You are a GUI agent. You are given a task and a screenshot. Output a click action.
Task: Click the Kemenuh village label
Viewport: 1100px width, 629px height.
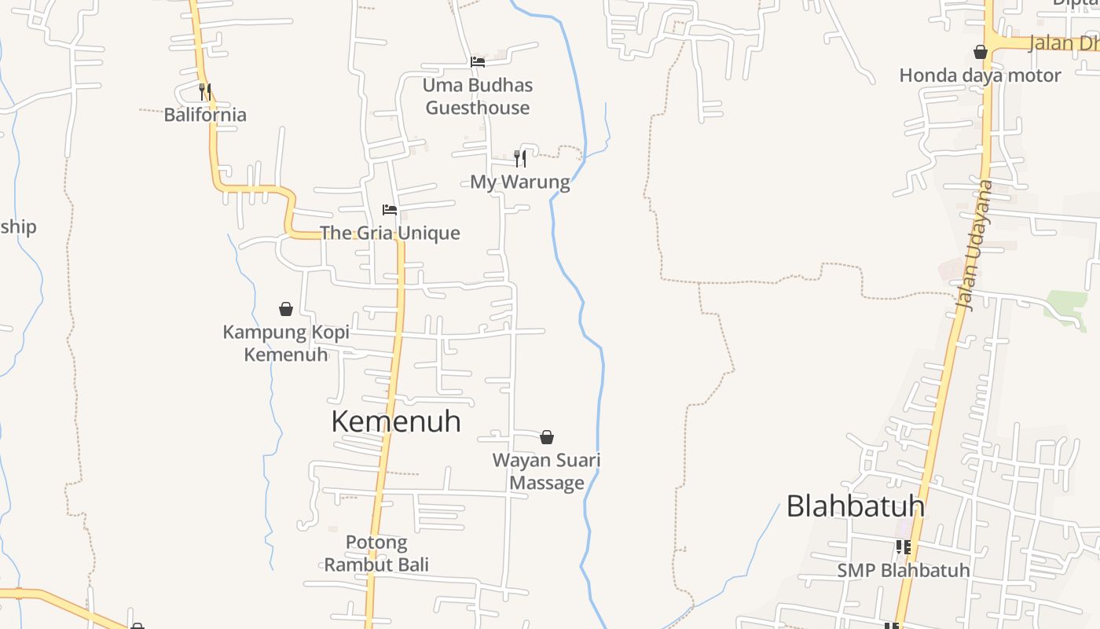click(395, 421)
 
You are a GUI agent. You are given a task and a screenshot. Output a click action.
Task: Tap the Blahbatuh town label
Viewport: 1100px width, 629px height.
click(855, 506)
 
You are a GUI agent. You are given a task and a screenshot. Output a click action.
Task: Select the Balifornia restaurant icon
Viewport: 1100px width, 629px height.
click(205, 91)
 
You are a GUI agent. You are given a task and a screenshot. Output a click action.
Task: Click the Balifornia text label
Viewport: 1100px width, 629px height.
click(205, 115)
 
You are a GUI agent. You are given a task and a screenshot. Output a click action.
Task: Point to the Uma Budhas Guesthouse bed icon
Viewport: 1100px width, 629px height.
click(478, 62)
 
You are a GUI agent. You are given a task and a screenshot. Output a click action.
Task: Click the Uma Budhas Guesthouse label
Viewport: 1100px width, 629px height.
click(478, 96)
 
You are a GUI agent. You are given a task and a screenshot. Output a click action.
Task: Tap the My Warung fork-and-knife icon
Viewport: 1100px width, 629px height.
click(520, 159)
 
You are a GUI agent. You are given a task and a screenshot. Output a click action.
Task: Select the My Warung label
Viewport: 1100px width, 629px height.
click(520, 182)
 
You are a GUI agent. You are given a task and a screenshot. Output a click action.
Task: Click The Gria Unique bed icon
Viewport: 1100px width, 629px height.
click(390, 210)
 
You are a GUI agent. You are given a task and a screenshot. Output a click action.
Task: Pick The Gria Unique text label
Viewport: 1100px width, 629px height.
click(390, 233)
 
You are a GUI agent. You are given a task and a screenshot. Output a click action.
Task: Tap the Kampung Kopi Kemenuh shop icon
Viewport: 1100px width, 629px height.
click(286, 309)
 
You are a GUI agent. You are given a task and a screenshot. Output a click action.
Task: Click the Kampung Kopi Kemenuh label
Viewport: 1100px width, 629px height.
click(286, 343)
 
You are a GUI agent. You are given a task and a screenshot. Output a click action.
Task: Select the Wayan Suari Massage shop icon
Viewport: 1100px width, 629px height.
click(547, 437)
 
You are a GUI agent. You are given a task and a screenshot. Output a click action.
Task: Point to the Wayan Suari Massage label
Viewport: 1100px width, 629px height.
click(547, 471)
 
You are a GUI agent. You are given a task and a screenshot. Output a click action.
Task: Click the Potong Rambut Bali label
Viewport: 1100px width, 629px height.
click(376, 554)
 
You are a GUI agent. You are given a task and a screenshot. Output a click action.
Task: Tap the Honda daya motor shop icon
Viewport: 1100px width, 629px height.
click(981, 52)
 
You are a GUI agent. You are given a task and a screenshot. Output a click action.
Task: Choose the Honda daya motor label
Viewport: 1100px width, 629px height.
click(981, 75)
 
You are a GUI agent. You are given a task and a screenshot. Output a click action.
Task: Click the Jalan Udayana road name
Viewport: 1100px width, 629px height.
click(973, 245)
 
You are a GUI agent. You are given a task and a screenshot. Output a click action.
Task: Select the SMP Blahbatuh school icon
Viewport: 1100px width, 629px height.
click(904, 546)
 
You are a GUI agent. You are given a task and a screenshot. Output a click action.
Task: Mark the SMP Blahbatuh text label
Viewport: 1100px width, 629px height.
click(904, 570)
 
